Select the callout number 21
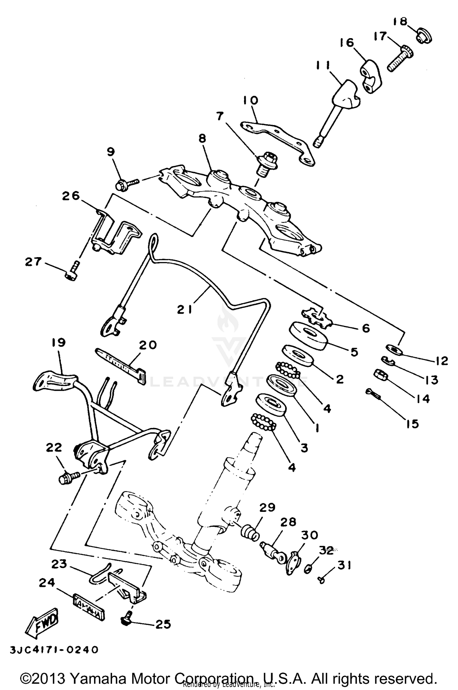click(x=185, y=310)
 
